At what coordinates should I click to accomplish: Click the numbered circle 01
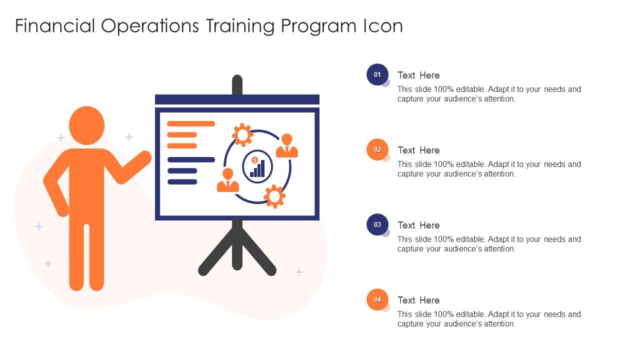[377, 74]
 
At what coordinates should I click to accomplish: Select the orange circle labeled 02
[377, 149]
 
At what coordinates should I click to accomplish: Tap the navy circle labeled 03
[377, 224]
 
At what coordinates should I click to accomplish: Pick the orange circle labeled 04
[377, 299]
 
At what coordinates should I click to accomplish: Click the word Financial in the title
[55, 26]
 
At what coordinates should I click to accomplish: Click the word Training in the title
[239, 26]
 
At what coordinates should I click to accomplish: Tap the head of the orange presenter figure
[86, 125]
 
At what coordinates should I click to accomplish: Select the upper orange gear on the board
[242, 134]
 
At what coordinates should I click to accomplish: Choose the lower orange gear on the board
[274, 196]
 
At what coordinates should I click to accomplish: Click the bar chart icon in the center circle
[258, 169]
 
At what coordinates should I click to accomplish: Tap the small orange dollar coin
[254, 160]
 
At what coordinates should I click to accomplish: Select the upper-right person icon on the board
[287, 146]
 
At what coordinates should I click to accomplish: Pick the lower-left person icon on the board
[228, 180]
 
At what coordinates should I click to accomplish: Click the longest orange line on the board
[191, 123]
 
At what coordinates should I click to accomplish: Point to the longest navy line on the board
[191, 160]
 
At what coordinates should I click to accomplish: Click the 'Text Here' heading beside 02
[418, 150]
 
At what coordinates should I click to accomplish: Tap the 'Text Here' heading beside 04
[418, 300]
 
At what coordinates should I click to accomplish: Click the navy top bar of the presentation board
[237, 99]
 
